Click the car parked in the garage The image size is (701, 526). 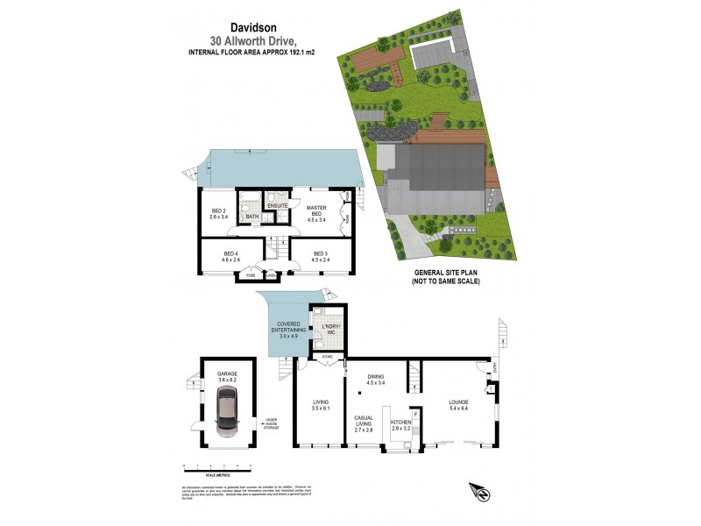coord(228,414)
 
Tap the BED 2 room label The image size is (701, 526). coord(219,210)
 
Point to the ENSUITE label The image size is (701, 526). coord(279,205)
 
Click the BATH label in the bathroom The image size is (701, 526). coord(251,217)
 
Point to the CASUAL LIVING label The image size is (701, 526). coord(365,421)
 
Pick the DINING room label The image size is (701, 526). coord(376,379)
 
